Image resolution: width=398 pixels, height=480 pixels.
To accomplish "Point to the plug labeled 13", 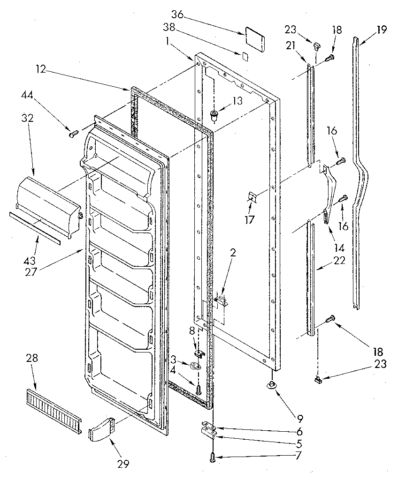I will tap(214, 114).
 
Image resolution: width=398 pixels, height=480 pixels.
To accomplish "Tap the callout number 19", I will tap(381, 30).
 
